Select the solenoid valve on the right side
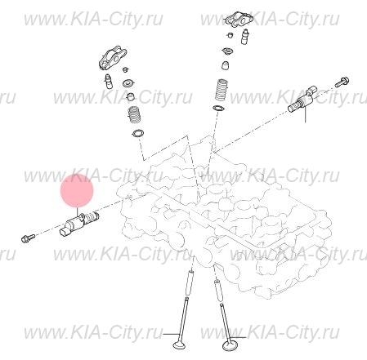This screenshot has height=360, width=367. pyautogui.click(x=302, y=103)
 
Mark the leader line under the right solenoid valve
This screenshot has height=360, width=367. pyautogui.click(x=305, y=118)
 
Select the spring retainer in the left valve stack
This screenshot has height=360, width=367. pyautogui.click(x=128, y=82)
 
